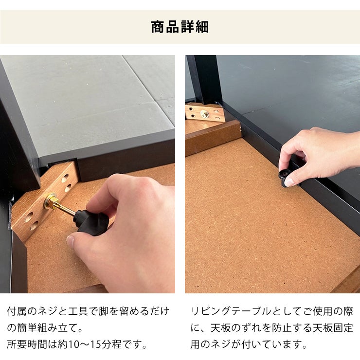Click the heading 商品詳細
click(x=180, y=27)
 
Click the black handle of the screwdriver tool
click(x=91, y=222)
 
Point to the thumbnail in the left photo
click(x=71, y=240)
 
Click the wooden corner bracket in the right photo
click(x=205, y=112)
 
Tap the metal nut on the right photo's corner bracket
click(x=204, y=113)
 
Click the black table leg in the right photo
click(x=205, y=80)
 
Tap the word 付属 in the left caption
click(x=17, y=311)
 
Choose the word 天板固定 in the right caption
click(x=333, y=328)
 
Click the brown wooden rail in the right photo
click(x=213, y=138)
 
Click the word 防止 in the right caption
click(x=282, y=328)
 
